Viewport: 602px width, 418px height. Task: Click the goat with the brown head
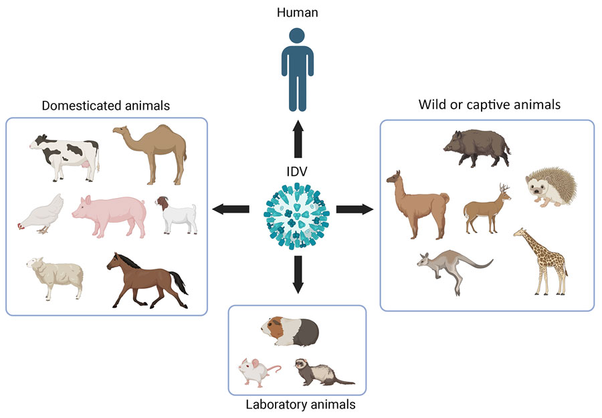[177, 215]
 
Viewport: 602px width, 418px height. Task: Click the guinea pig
[291, 331]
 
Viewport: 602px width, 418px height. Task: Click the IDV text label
[297, 175]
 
